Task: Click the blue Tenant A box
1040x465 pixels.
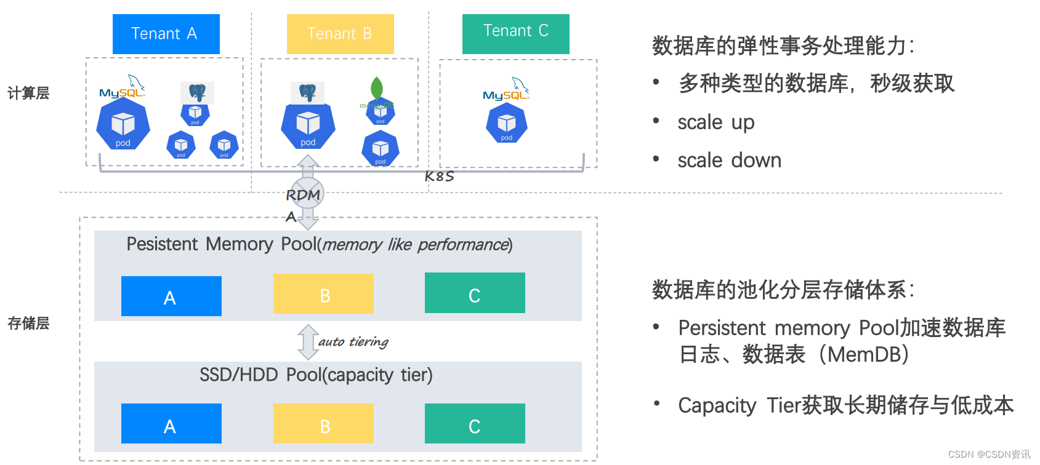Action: (x=166, y=34)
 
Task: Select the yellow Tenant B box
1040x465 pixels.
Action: (x=340, y=34)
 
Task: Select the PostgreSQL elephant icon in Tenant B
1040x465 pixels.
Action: (x=307, y=93)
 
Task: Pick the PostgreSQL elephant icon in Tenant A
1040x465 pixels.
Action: (x=197, y=92)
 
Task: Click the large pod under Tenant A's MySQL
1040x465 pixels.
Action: (x=123, y=125)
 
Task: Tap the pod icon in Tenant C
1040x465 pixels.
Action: (x=506, y=124)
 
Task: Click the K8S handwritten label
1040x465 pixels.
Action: (x=439, y=177)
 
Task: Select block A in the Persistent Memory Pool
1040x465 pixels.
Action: (x=171, y=296)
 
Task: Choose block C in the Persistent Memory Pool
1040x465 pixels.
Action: (x=475, y=293)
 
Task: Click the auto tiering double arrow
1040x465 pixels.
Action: (x=308, y=342)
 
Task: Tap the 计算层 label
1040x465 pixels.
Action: (x=28, y=93)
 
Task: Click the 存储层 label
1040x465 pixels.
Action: (x=28, y=324)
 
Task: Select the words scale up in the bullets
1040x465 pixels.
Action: (x=716, y=122)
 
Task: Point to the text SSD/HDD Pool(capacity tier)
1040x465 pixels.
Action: (x=316, y=375)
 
